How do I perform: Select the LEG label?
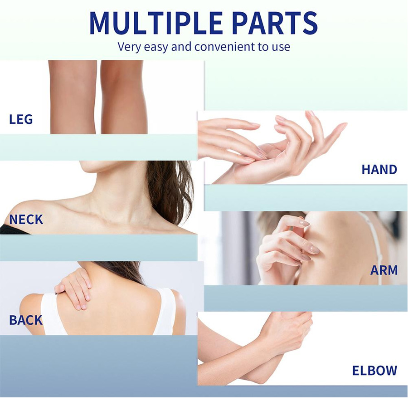[21, 119]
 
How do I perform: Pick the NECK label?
[26, 220]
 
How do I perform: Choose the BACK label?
[26, 320]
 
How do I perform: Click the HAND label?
[379, 170]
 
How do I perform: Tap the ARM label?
[384, 270]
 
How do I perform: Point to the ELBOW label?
[375, 371]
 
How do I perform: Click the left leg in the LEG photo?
[73, 97]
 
